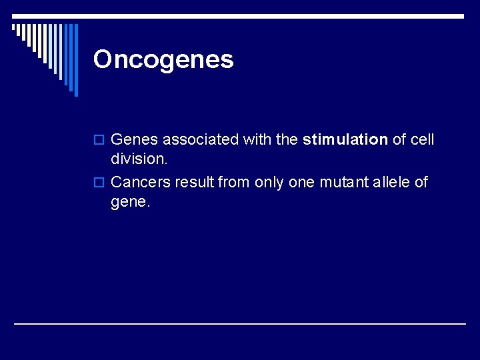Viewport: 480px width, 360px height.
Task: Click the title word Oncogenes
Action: pos(163,59)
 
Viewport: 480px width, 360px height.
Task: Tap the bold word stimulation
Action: pos(345,140)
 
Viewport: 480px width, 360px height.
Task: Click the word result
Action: pos(195,182)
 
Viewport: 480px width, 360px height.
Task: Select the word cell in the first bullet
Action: pos(423,140)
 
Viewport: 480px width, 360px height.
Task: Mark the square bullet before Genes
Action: pos(99,141)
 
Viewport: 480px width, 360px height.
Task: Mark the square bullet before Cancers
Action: pos(99,183)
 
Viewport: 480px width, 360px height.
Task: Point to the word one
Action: pos(301,182)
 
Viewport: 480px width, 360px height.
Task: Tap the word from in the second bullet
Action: pos(233,182)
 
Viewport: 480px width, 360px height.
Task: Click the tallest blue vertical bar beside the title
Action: pos(76,60)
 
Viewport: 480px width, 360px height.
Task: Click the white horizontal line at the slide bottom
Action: pos(240,323)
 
